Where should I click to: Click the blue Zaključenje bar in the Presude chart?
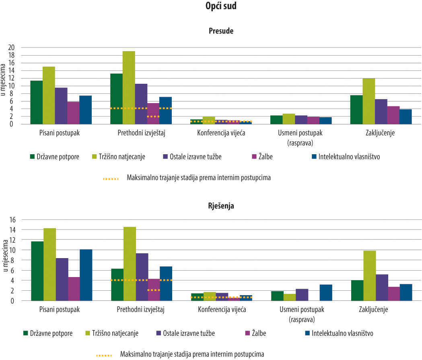click(406, 116)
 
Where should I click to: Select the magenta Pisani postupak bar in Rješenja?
click(74, 289)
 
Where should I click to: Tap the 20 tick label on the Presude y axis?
click(12, 48)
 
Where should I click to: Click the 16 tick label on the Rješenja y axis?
click(12, 219)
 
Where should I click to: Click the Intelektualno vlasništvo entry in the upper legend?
click(349, 157)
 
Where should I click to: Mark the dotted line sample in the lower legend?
click(105, 355)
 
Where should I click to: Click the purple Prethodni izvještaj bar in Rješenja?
click(142, 277)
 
